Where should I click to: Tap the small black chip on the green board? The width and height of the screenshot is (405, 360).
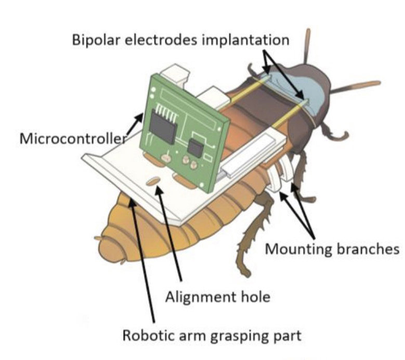click(195, 148)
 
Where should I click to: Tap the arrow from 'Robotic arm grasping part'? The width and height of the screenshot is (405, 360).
click(143, 260)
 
